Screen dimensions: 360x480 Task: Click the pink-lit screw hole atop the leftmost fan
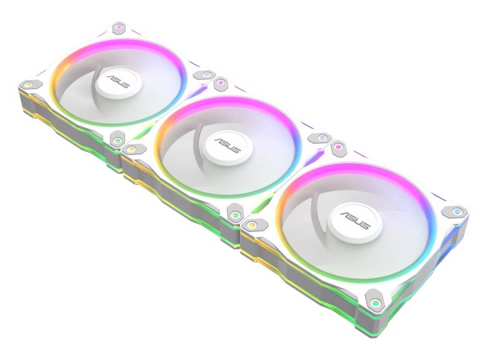point(116,29)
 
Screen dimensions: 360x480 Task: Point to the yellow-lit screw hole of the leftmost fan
point(28,85)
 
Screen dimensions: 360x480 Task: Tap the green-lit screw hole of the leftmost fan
point(117,137)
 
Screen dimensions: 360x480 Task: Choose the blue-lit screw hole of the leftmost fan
point(206,74)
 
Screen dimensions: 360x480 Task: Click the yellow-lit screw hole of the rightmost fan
point(252,226)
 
